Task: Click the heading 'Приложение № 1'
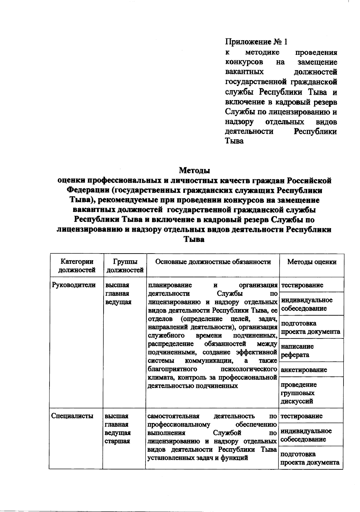(x=256, y=42)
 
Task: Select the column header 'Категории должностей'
(x=76, y=266)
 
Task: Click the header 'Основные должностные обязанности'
(x=213, y=262)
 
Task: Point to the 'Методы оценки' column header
(x=312, y=262)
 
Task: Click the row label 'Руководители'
(x=73, y=285)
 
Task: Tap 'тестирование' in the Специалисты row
(x=301, y=416)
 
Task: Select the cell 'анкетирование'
(x=304, y=370)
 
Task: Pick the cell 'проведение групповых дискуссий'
(x=298, y=393)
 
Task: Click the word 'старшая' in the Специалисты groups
(x=117, y=441)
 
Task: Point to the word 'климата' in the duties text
(x=160, y=377)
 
